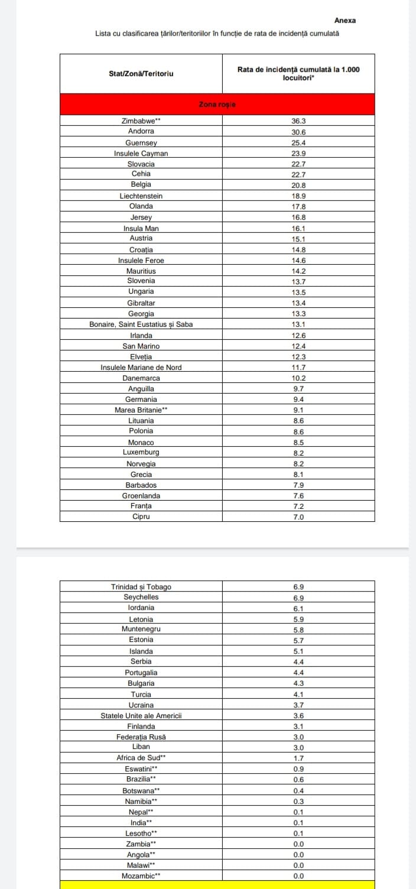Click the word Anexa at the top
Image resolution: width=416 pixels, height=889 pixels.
[x=345, y=20]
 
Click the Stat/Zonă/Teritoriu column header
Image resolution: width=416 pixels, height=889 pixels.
[x=141, y=74]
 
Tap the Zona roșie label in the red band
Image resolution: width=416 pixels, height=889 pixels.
[x=217, y=105]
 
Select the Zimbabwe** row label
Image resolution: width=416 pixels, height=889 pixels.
[x=141, y=121]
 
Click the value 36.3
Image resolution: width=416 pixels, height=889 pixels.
[x=298, y=121]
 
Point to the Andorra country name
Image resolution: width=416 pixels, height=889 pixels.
[x=141, y=131]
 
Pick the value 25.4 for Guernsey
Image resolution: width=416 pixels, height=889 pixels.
[x=298, y=142]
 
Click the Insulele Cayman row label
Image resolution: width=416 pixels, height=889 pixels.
[x=141, y=153]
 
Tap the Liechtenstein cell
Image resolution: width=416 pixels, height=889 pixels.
[x=141, y=196]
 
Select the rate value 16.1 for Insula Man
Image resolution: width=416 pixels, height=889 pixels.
[x=298, y=228]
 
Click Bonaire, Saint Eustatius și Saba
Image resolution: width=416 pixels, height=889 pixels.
[x=141, y=324]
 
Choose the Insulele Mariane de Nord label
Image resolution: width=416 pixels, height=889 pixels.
[x=141, y=367]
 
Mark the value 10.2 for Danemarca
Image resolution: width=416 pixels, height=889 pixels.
[x=298, y=378]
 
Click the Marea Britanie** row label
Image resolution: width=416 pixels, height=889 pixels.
[x=141, y=410]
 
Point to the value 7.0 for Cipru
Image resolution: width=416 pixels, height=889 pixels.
[x=298, y=517]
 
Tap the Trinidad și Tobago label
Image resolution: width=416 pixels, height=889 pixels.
[x=141, y=587]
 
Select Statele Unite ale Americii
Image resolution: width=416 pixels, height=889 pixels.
[x=141, y=715]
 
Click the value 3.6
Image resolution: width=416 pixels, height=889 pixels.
[x=298, y=715]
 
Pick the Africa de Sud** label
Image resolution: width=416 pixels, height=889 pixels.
[x=141, y=757]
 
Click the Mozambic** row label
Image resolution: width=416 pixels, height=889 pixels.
[x=141, y=875]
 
